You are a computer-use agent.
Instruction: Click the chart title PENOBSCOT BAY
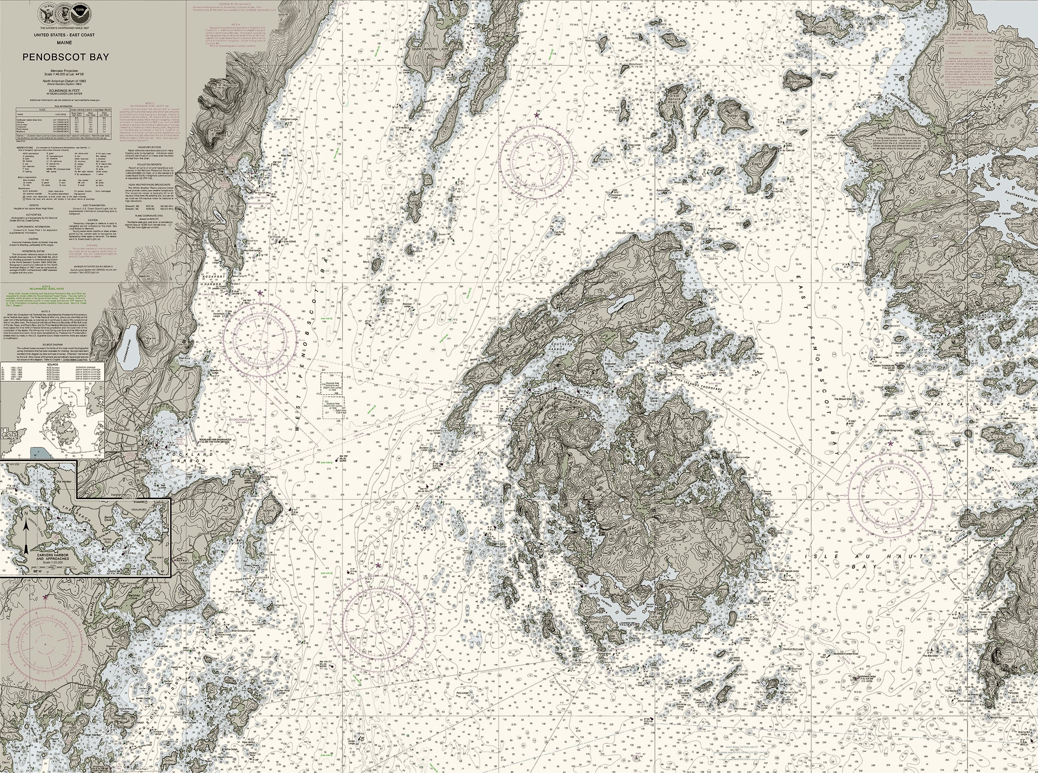point(66,57)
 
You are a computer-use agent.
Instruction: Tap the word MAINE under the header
point(66,42)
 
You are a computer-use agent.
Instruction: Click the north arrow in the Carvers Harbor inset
point(27,534)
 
